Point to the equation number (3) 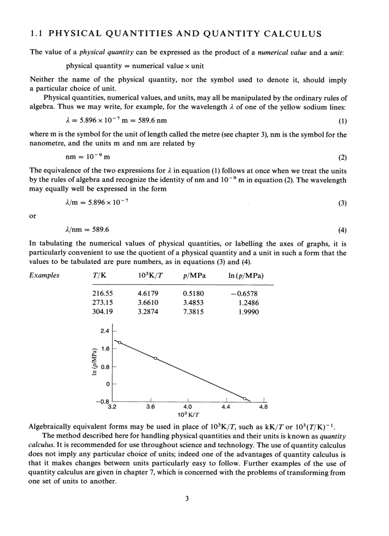342,203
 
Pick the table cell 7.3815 194,312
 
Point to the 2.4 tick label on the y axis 104,331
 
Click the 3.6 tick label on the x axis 151,407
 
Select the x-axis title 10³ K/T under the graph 188,414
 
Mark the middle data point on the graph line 155,358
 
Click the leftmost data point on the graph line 120,342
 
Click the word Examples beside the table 44,275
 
